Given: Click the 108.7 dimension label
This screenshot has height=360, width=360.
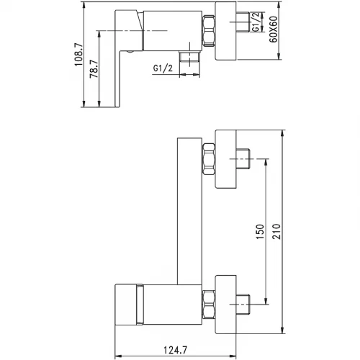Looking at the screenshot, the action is pos(78,55).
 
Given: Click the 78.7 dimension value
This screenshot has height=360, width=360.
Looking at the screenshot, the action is pos(94,69).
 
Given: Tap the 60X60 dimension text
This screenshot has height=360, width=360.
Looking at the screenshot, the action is pos(273,30).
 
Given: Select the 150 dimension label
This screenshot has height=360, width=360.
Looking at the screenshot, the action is pos(260,232).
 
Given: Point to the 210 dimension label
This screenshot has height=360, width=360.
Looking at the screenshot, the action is pos(276,231).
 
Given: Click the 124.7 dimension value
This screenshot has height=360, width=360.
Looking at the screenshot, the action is pos(175,350).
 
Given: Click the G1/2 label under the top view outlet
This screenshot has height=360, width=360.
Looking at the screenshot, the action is pos(163,68).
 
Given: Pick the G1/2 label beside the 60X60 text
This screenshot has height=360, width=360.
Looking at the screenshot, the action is pos(256,22).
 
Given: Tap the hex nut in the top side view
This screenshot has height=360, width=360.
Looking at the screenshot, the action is pos(209,30).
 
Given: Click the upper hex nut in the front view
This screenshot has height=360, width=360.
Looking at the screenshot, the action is pos(209,159).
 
